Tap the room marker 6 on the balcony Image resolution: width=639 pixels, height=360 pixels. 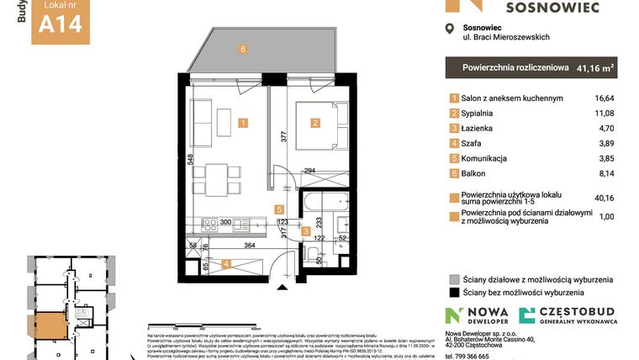[x=243, y=50]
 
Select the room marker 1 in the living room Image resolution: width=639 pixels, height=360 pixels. [x=243, y=123]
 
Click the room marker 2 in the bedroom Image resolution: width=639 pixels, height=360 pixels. [x=315, y=123]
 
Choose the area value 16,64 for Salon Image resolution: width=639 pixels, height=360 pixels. [x=604, y=98]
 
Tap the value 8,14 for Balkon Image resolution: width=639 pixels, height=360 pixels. [x=605, y=174]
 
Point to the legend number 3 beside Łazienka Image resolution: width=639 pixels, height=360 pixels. [x=455, y=129]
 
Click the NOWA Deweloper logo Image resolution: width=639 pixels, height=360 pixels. [x=477, y=316]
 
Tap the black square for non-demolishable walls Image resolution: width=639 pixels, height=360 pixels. [x=455, y=293]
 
